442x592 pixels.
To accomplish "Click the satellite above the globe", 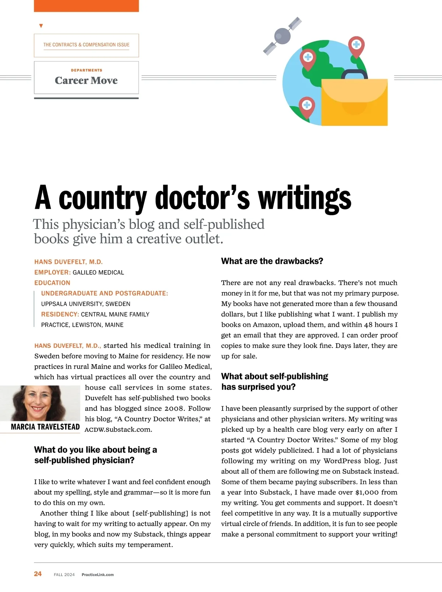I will pyautogui.click(x=283, y=36).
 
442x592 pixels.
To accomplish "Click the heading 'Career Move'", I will pyautogui.click(x=86, y=80).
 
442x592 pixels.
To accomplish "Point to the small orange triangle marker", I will pyautogui.click(x=41, y=26).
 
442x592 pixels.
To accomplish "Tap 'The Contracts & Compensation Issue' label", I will pyautogui.click(x=86, y=45).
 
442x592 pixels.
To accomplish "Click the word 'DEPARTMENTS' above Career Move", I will pyautogui.click(x=87, y=70).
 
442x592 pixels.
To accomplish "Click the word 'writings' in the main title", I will pyautogui.click(x=305, y=198).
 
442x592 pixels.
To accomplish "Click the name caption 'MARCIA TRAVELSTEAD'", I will pyautogui.click(x=45, y=427).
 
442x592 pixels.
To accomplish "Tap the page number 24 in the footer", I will pyautogui.click(x=38, y=574).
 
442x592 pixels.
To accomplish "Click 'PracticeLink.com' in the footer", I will pyautogui.click(x=98, y=574).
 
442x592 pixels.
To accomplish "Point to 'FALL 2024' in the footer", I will pyautogui.click(x=64, y=574).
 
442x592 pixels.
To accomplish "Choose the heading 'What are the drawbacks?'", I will pyautogui.click(x=272, y=261).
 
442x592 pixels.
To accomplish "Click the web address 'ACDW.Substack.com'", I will pyautogui.click(x=118, y=429).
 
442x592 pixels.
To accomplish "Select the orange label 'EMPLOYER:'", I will pyautogui.click(x=52, y=272).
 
